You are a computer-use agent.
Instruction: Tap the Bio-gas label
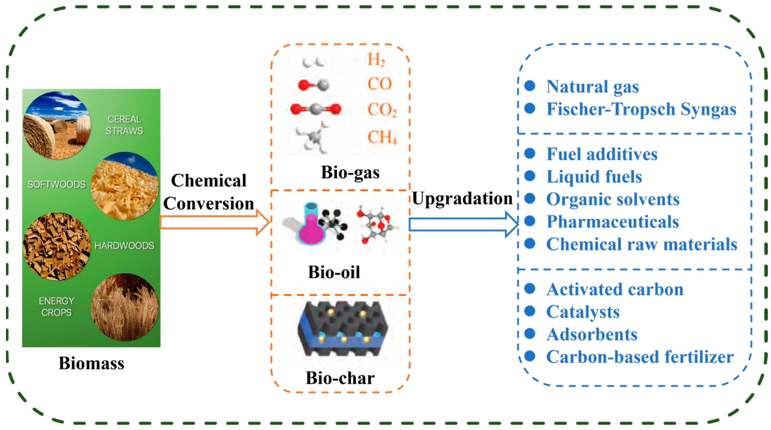point(350,173)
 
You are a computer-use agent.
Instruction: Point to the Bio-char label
point(340,378)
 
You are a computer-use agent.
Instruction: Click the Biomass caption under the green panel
point(91,363)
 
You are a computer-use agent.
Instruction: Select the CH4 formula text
point(382,137)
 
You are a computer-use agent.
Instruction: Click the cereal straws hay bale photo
point(57,126)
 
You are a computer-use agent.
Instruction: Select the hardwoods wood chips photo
point(57,246)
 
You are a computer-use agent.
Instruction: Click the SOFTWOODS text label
point(56,184)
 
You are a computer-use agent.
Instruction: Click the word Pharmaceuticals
point(612,222)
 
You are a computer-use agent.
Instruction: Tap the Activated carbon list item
point(615,290)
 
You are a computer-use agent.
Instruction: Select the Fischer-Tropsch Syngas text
point(641,109)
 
